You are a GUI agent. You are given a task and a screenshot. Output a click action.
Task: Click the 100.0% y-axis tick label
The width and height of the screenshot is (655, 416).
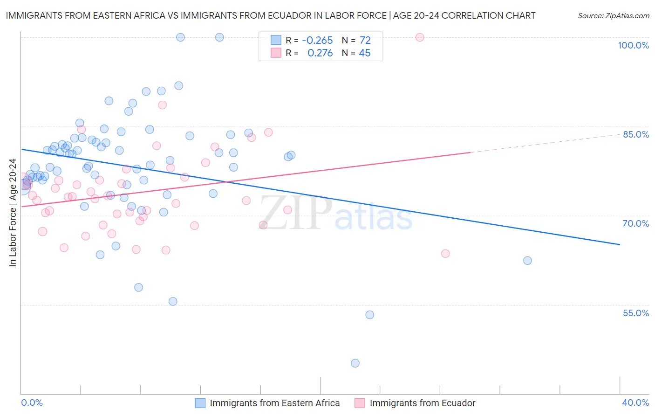pos(633,45)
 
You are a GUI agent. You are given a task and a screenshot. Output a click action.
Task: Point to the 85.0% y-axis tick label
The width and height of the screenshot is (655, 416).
pos(635,134)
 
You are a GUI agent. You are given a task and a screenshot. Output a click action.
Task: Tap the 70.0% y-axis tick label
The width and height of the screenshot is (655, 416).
pos(635,223)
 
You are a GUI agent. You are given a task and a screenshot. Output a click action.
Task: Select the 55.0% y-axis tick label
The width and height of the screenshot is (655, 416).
pos(635,313)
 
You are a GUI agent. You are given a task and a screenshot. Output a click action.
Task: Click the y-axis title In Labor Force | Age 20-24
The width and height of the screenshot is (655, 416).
pos(13,213)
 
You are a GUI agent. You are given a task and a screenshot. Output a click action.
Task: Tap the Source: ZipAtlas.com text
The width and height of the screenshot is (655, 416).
pos(613,16)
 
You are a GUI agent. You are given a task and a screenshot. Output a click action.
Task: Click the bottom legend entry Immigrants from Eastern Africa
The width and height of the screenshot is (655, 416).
pos(274,403)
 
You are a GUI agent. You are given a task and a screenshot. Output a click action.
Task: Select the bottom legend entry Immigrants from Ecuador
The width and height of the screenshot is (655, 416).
pos(422,403)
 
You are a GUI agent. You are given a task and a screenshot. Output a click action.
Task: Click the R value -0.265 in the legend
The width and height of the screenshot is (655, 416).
pos(317,41)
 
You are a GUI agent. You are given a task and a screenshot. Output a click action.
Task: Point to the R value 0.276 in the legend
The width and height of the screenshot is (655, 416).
pos(320,53)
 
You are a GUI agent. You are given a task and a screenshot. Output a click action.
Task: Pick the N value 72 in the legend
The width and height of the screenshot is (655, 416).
pos(365,41)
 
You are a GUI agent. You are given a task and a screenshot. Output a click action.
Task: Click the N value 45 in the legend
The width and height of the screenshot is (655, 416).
pos(365,53)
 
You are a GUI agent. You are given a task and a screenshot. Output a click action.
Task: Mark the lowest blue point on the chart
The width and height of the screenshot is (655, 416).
pos(355,363)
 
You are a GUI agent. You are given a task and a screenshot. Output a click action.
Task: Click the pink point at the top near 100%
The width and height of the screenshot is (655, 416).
pos(420,37)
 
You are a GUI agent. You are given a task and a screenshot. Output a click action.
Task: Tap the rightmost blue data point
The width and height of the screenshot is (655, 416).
pos(527,261)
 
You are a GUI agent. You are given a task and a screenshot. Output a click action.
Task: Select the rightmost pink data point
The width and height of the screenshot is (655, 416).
pos(445,254)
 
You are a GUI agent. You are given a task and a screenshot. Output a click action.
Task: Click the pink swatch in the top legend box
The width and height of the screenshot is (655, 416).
pos(276,53)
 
